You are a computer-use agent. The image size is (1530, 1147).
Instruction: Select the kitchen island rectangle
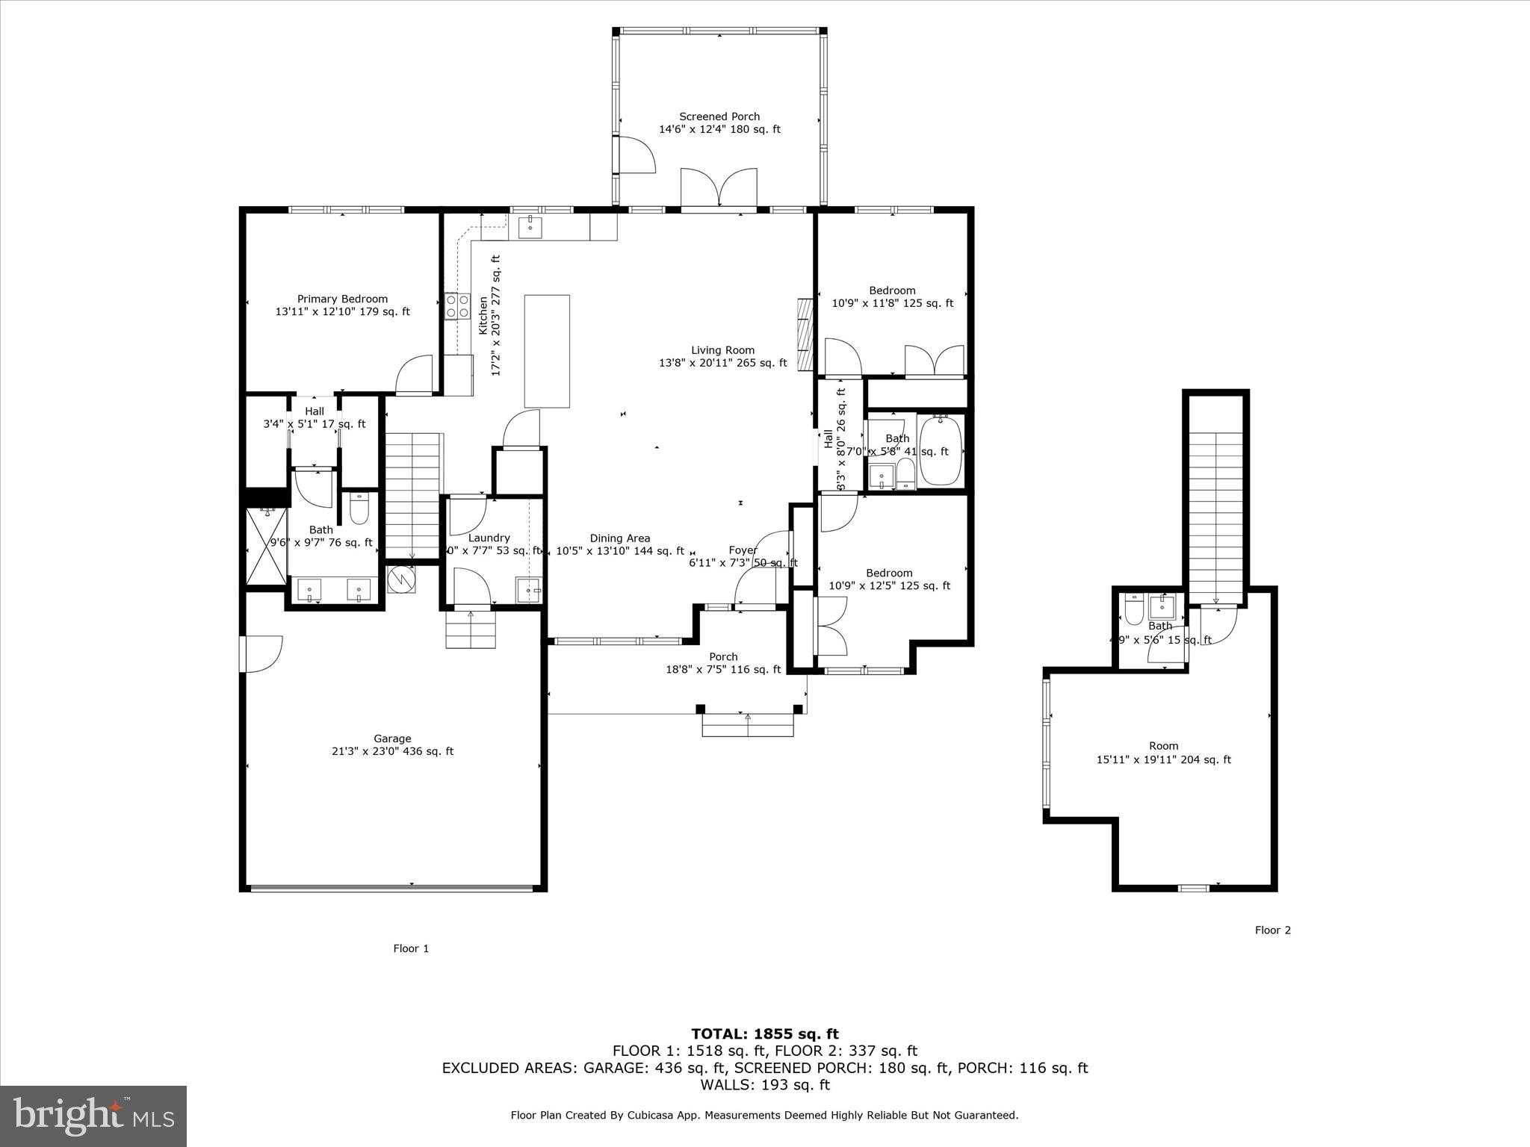[x=547, y=351]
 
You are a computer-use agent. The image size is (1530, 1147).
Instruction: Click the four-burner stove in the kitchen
[x=457, y=306]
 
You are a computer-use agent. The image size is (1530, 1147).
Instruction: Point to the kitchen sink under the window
[x=530, y=226]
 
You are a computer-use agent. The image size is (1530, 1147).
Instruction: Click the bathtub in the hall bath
[x=941, y=451]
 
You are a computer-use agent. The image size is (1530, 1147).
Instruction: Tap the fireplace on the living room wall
[x=805, y=334]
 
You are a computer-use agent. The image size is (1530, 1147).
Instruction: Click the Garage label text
[x=392, y=739]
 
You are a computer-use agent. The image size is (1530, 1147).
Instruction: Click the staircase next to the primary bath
[x=412, y=496]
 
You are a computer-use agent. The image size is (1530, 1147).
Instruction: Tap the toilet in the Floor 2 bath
[x=1133, y=609]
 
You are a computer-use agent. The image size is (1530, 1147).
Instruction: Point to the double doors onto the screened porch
[x=719, y=188]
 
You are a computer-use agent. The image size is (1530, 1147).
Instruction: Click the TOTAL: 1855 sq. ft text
[x=764, y=1033]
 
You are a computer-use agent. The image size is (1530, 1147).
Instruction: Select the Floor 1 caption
[x=411, y=948]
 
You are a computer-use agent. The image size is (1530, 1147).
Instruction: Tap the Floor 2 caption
[x=1272, y=930]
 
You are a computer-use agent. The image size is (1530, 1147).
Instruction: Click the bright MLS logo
[x=93, y=1116]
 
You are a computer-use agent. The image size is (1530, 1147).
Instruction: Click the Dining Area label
[x=619, y=538]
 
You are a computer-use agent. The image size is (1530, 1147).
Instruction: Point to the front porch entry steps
[x=747, y=724]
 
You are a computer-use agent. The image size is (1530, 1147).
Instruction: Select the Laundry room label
[x=489, y=538]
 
